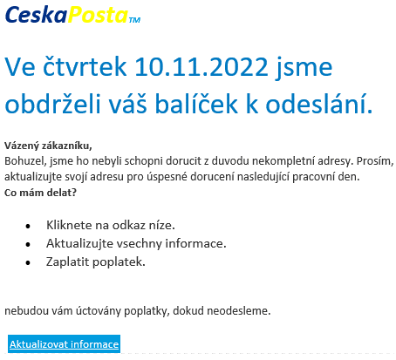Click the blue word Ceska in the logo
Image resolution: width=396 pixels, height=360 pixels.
click(x=37, y=15)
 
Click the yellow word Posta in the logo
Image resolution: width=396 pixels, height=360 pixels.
click(x=98, y=15)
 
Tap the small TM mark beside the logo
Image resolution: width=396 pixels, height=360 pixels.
click(x=134, y=20)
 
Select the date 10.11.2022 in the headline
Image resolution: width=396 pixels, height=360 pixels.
click(x=201, y=67)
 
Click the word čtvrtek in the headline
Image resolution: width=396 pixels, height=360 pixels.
click(x=85, y=66)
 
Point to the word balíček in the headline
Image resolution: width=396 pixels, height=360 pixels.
click(x=196, y=103)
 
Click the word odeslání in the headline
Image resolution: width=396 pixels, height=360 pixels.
click(x=319, y=103)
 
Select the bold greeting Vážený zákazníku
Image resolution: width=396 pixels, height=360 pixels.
click(x=48, y=146)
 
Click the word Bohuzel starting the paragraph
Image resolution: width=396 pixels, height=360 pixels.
click(x=25, y=161)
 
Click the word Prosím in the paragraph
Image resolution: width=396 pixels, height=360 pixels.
click(x=375, y=161)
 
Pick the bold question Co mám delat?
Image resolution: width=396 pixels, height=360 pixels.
click(x=40, y=193)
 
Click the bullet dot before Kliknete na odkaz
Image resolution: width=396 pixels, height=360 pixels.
click(x=28, y=226)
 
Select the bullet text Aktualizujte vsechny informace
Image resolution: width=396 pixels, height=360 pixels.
click(x=136, y=243)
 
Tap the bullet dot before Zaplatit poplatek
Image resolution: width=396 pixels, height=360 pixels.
click(x=28, y=262)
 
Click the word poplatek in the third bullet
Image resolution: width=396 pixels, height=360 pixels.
click(x=119, y=262)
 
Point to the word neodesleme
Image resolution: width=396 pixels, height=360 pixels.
click(x=238, y=311)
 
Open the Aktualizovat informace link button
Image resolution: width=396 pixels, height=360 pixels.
click(x=64, y=344)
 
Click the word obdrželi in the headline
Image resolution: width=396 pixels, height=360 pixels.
click(x=52, y=103)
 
